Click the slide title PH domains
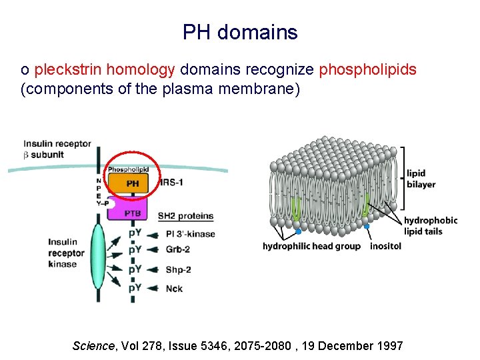click(240, 31)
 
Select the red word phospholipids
click(368, 69)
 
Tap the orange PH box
click(133, 183)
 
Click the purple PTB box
click(133, 213)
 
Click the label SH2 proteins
click(185, 216)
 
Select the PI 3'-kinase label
click(190, 234)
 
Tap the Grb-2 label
click(178, 250)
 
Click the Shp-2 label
click(178, 269)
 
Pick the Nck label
click(173, 288)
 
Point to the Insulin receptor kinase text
click(66, 253)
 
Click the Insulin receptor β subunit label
click(57, 149)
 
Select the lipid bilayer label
click(421, 179)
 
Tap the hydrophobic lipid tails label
click(431, 226)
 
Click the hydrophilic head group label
click(311, 246)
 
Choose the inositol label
click(385, 246)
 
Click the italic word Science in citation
click(93, 345)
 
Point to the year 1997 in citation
click(390, 345)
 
